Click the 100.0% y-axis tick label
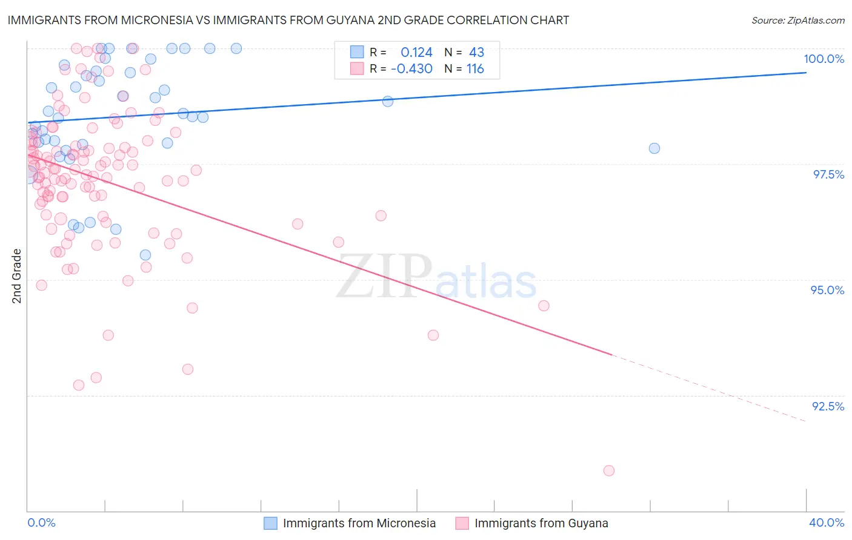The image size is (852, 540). [x=824, y=59]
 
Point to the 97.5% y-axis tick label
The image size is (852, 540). [x=828, y=174]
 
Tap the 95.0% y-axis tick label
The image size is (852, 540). [x=827, y=290]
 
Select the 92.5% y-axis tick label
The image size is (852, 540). [x=828, y=406]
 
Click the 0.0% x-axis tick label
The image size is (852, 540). [x=41, y=522]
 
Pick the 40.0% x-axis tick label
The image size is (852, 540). [x=826, y=522]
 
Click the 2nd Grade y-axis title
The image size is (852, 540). [x=17, y=275]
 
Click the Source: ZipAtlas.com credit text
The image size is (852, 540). [x=797, y=20]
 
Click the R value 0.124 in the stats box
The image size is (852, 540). [x=416, y=53]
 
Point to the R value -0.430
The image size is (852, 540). [x=411, y=69]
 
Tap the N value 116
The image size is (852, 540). [x=475, y=69]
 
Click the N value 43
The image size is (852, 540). [x=476, y=53]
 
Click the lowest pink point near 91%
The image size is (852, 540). [x=609, y=470]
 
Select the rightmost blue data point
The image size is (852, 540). [x=654, y=148]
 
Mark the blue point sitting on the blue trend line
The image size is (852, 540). [x=388, y=101]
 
